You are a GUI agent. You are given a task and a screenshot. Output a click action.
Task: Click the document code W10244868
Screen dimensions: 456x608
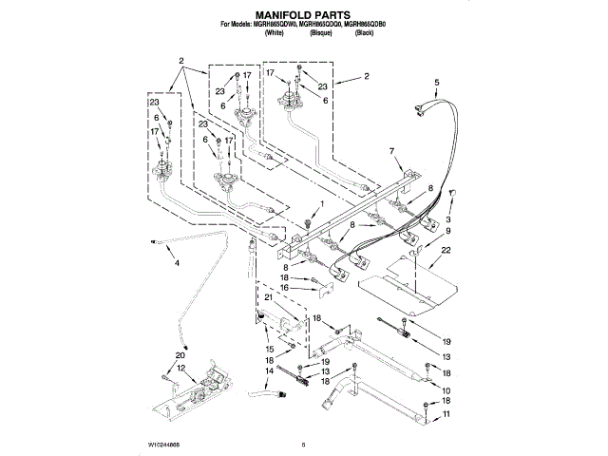164,443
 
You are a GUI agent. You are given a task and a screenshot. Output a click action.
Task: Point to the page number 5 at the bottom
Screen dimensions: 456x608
303,443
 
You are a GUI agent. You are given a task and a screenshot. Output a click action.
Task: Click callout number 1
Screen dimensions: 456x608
322,204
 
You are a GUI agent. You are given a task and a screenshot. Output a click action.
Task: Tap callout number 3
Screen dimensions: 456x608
448,220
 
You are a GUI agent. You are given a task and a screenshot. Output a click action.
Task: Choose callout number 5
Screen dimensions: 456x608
437,83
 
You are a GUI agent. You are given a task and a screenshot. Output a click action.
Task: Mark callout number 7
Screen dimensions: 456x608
389,151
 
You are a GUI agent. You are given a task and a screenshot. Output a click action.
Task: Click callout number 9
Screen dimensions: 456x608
448,232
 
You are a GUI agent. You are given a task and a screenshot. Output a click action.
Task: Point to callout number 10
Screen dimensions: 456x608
447,390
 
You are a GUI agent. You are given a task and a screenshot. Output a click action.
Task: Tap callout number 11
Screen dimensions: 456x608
447,415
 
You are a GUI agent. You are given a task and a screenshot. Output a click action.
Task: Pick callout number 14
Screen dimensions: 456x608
270,370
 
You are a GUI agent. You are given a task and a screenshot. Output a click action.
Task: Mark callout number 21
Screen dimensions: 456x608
268,298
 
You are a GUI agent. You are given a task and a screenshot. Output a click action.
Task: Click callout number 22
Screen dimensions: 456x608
446,250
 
